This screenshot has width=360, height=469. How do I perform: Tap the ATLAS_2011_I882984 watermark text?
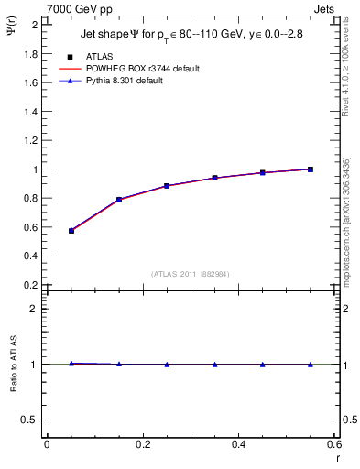(x=191, y=273)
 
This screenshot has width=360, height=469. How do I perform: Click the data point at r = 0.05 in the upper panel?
(x=71, y=231)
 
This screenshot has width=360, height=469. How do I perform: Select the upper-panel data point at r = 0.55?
(x=311, y=169)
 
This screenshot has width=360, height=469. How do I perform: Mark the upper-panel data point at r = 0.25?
(x=167, y=186)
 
